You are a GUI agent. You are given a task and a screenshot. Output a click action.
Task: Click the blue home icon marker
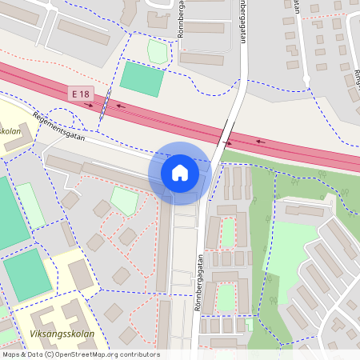pos(180,172)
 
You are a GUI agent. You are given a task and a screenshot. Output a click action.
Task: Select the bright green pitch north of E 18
pos(142,79)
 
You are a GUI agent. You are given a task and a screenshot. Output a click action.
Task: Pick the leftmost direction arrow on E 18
pos(89,103)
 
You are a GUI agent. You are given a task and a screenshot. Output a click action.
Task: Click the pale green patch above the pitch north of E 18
pos(158,52)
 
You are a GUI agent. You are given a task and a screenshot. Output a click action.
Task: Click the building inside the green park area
pos(303,211)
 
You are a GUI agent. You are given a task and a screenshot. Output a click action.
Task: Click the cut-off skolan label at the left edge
pos(10,132)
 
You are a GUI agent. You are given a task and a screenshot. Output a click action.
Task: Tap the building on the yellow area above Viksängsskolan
pos(81,274)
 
